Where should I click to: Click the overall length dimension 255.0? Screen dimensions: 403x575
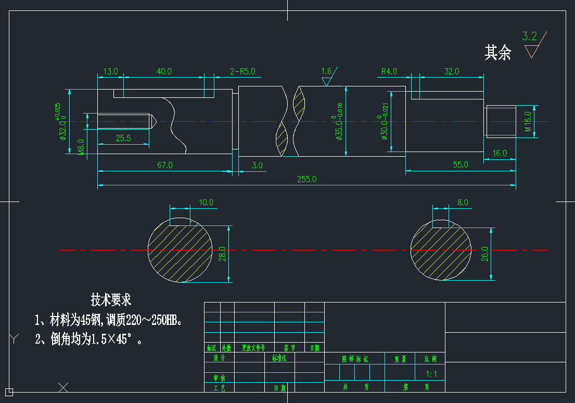[306, 179]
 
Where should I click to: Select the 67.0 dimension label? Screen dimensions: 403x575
[165, 165]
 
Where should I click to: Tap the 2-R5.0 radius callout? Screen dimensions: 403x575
[242, 71]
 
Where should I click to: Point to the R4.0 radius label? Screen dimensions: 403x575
[389, 71]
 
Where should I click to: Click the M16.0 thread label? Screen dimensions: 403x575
[528, 122]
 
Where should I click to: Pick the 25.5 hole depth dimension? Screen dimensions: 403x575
[123, 138]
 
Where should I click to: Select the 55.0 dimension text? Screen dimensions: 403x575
[461, 165]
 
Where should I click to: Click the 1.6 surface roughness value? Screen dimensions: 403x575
[326, 71]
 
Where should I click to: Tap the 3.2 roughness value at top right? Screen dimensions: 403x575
[530, 36]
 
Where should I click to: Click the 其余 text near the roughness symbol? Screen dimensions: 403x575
[498, 53]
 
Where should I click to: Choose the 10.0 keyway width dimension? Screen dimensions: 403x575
[207, 202]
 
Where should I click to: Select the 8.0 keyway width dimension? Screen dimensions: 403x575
[463, 202]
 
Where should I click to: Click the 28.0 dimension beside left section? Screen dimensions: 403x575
[223, 254]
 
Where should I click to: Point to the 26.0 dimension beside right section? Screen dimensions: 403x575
[485, 254]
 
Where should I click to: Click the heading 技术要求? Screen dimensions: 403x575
[111, 300]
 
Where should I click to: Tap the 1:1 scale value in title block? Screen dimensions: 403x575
[431, 374]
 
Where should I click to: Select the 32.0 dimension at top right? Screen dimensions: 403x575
[451, 71]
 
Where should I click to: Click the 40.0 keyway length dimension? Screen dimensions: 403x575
[164, 71]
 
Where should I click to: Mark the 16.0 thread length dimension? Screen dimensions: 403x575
[500, 153]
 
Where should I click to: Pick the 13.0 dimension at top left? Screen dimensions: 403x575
[111, 71]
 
